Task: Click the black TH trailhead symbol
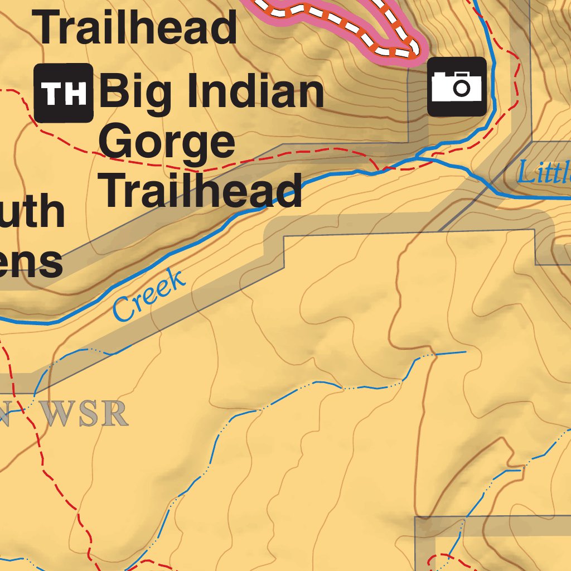(x=63, y=93)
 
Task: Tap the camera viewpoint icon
(x=457, y=86)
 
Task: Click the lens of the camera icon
(x=461, y=87)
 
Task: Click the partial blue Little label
(x=543, y=173)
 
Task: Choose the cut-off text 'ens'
(x=31, y=262)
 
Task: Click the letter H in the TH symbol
(x=76, y=93)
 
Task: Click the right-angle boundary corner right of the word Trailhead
(x=284, y=237)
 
